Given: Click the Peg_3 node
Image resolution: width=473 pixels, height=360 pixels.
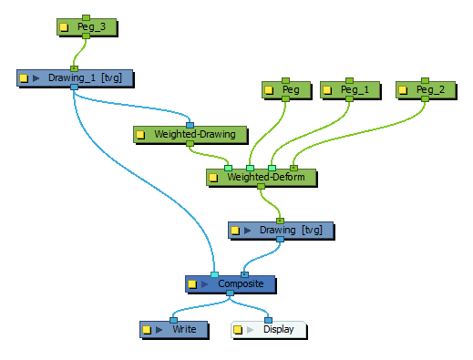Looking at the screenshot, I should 86,27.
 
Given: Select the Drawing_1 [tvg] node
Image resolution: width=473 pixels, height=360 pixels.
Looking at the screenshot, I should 84,78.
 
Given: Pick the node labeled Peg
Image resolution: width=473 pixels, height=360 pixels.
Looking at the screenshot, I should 290,90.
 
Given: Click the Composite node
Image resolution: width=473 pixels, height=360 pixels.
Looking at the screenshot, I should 240,284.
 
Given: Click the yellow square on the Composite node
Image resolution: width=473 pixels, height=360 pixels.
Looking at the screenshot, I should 192,284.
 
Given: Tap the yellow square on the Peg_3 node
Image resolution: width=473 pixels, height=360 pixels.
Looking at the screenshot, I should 64,27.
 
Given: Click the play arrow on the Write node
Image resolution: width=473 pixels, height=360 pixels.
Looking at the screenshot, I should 160,329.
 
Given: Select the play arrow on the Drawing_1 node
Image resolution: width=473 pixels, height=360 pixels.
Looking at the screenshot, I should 36,78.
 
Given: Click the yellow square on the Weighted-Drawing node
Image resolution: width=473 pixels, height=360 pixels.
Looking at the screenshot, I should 140,135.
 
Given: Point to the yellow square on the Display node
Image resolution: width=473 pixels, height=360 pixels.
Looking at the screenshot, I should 238,329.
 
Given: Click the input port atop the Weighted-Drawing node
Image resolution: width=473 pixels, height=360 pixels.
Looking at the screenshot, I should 190,124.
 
